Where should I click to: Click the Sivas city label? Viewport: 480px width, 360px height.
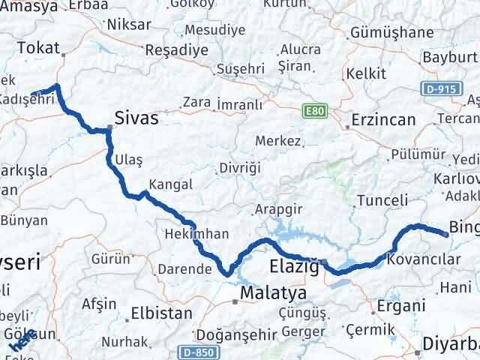click(136, 117)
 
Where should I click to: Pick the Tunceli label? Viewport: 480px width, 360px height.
click(382, 200)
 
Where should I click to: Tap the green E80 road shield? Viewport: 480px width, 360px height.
click(315, 111)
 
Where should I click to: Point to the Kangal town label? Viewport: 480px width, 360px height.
click(171, 184)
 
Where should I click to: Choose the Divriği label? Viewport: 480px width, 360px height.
click(240, 168)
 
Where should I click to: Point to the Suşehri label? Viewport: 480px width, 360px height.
click(237, 69)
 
